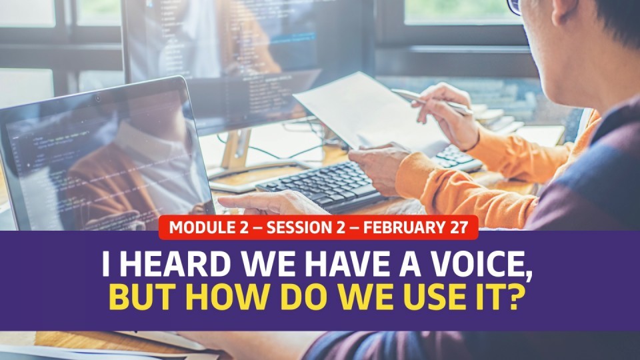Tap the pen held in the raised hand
click(432, 101)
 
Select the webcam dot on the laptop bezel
click(97, 98)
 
